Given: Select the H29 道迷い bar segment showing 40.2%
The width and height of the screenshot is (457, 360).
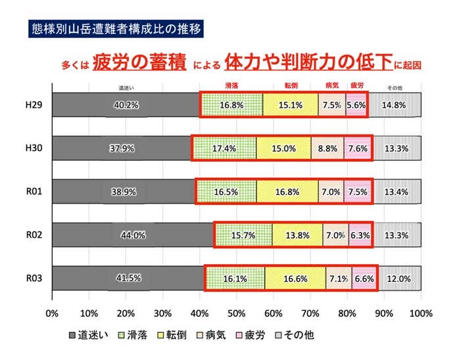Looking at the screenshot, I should pos(126,104).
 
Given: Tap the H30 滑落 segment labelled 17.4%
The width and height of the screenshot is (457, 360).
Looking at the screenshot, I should pos(224,148).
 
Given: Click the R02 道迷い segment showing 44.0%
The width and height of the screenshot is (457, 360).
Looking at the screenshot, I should pos(133,235).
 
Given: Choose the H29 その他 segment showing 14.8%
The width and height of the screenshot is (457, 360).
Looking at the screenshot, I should pos(395,104).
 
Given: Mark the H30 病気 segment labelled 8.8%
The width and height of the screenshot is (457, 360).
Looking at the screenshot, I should pos(327,148).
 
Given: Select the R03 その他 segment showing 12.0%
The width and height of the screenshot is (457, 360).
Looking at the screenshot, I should pos(400,278).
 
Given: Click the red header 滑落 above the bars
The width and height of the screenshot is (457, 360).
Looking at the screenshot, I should pos(231,86).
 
